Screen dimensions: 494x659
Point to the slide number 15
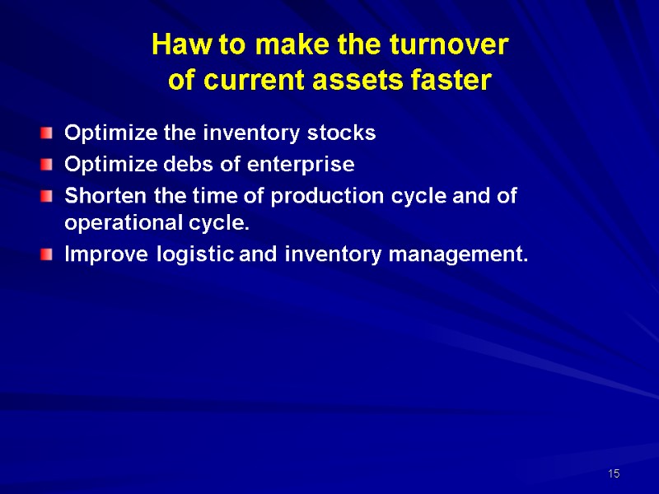[613, 474]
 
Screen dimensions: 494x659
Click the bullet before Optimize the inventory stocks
[51, 133]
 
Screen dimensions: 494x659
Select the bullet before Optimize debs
[51, 165]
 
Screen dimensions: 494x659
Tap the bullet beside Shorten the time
[51, 197]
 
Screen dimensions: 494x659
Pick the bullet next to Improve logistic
[51, 255]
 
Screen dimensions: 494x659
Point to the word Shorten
[97, 196]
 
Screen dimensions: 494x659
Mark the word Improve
[97, 255]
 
